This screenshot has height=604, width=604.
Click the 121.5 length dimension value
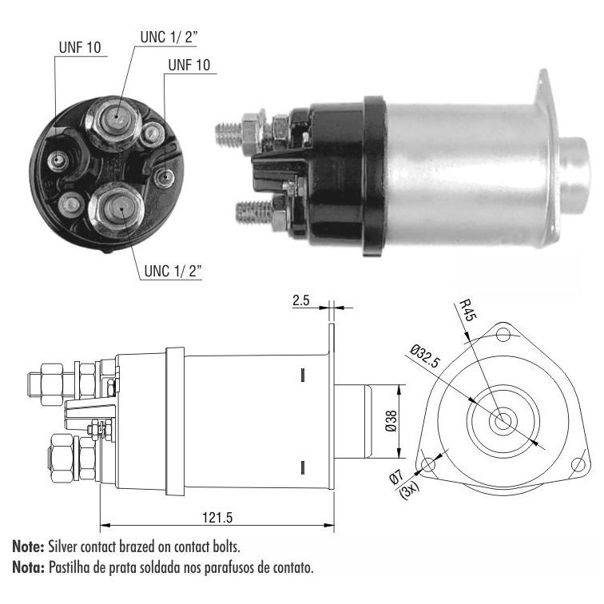[x=217, y=518]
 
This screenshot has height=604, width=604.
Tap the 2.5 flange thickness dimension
[x=300, y=300]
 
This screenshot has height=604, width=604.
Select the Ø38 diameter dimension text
[x=391, y=421]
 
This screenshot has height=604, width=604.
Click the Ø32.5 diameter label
[x=425, y=356]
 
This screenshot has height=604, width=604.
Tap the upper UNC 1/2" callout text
[x=169, y=38]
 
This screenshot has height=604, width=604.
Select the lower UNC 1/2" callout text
[x=173, y=271]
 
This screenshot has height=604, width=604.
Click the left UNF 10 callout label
[x=80, y=47]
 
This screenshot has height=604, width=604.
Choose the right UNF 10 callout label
[x=189, y=65]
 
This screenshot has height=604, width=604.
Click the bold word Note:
[x=28, y=546]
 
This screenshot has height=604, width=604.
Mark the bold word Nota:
[x=29, y=567]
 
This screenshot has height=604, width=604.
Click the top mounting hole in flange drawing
[x=503, y=334]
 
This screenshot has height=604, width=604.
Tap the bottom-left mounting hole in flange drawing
[x=428, y=464]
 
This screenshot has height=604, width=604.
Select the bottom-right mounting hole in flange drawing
[x=578, y=464]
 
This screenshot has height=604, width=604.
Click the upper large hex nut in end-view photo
[x=113, y=121]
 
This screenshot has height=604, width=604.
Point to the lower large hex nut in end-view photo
[x=117, y=209]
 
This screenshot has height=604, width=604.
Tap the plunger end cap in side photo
[x=574, y=176]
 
